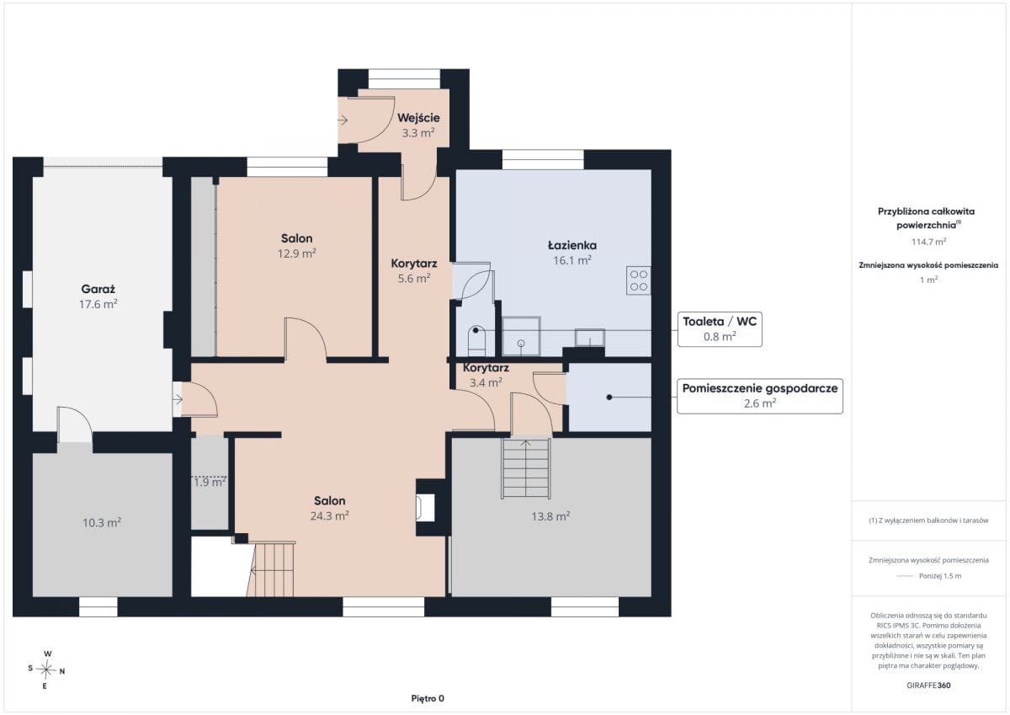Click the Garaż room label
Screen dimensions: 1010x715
[x=98, y=289]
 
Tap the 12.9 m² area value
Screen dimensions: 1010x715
[x=296, y=253]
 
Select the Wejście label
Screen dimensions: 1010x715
[x=418, y=118]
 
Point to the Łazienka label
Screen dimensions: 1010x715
[x=572, y=245]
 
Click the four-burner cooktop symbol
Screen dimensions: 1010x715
[x=639, y=280]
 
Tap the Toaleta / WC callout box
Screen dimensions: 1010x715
[x=720, y=328]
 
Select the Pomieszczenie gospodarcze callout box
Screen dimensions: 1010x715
[x=760, y=396]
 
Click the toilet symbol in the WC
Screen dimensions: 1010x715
[x=476, y=340]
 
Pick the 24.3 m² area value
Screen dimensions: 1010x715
[x=330, y=516]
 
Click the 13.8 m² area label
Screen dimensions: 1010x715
[x=550, y=516]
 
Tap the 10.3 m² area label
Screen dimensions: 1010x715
[x=102, y=523]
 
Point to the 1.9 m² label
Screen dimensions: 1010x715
[x=210, y=483]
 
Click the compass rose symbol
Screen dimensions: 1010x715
[x=46, y=670]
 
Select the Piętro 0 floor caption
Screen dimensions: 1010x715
[x=428, y=698]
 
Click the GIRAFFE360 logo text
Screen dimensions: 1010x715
[x=928, y=686]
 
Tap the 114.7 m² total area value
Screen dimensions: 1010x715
[x=929, y=242]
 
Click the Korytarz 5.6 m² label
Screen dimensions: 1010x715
[x=414, y=270]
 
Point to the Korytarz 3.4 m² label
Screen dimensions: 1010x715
[x=486, y=376]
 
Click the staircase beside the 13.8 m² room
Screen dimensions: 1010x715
[x=526, y=468]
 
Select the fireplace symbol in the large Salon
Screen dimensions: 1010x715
[x=425, y=508]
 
